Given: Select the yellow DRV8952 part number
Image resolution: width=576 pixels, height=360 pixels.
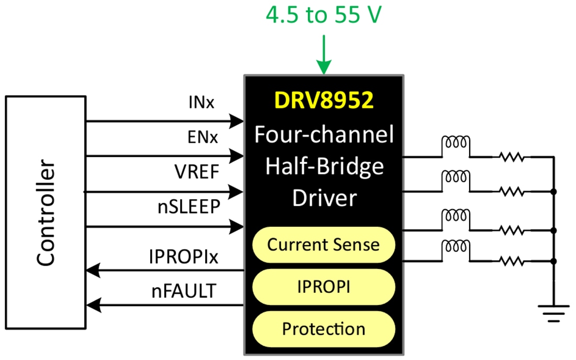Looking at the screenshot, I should (x=324, y=101).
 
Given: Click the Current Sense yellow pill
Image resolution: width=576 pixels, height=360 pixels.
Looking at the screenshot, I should (x=324, y=245).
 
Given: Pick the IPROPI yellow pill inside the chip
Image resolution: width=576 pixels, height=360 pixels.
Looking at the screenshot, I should (x=324, y=287).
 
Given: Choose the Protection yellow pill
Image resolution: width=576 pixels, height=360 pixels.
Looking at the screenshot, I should (x=324, y=329).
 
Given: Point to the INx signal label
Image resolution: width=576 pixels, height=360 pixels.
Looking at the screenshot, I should (x=201, y=103).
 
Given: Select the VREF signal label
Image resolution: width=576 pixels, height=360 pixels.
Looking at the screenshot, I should (x=197, y=172).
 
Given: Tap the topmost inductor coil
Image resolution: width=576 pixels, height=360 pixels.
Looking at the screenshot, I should (x=456, y=144).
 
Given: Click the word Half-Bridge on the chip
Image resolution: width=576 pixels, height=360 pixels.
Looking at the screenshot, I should (x=324, y=167).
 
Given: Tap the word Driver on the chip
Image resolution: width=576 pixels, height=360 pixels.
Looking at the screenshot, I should (x=324, y=198).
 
